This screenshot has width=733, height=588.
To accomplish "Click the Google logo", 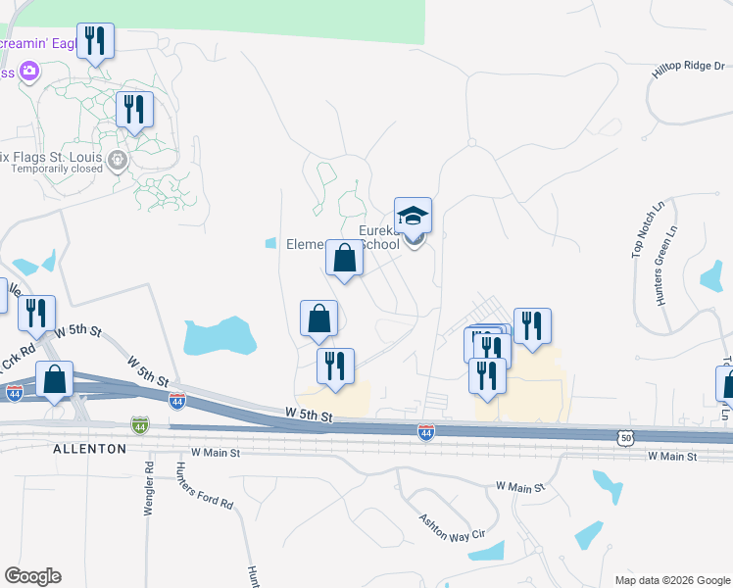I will [33, 576].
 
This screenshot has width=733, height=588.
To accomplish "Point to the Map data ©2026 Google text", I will [672, 580].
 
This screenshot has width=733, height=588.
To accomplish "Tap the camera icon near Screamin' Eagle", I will [28, 70].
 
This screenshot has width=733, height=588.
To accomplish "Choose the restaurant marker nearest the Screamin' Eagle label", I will [95, 41].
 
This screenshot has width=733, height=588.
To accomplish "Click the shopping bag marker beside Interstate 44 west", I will [56, 379].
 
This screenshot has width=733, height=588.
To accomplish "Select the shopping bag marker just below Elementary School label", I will [344, 259].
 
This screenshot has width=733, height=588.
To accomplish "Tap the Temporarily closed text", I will [58, 169].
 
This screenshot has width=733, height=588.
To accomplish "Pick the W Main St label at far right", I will [671, 457].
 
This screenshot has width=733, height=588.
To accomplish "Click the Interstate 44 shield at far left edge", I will [14, 392].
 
